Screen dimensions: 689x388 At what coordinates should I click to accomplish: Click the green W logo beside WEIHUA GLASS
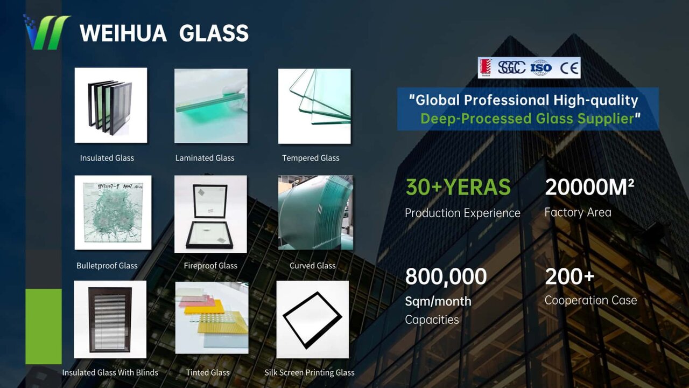point(47,32)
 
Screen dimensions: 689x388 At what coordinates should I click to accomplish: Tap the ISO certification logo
point(541,68)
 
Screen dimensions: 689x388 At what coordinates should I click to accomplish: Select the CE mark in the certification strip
point(569,68)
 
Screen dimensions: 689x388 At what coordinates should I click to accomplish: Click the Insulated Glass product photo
point(111,105)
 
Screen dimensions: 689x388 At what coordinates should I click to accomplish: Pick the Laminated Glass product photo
point(211,106)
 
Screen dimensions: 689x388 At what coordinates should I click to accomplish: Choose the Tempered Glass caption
point(311,158)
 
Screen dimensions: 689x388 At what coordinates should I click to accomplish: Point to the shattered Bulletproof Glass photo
point(113,212)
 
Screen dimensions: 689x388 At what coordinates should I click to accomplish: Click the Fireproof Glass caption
point(210,266)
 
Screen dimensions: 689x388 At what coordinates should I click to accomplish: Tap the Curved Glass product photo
point(315,212)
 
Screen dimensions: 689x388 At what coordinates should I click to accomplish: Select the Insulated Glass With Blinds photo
point(110,320)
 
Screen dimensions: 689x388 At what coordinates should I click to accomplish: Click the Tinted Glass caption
point(208,372)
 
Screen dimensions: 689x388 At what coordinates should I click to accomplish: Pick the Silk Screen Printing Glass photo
point(313,320)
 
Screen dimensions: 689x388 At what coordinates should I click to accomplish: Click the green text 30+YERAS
point(458,187)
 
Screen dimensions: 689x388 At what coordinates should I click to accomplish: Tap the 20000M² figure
point(589,187)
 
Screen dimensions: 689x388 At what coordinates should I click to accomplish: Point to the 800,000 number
point(446,276)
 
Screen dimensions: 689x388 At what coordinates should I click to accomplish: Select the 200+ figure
point(570,276)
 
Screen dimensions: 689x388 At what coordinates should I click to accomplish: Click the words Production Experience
point(462,213)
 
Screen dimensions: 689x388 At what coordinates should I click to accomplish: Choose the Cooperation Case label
point(590,300)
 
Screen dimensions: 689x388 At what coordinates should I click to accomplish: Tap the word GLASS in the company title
point(214,33)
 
